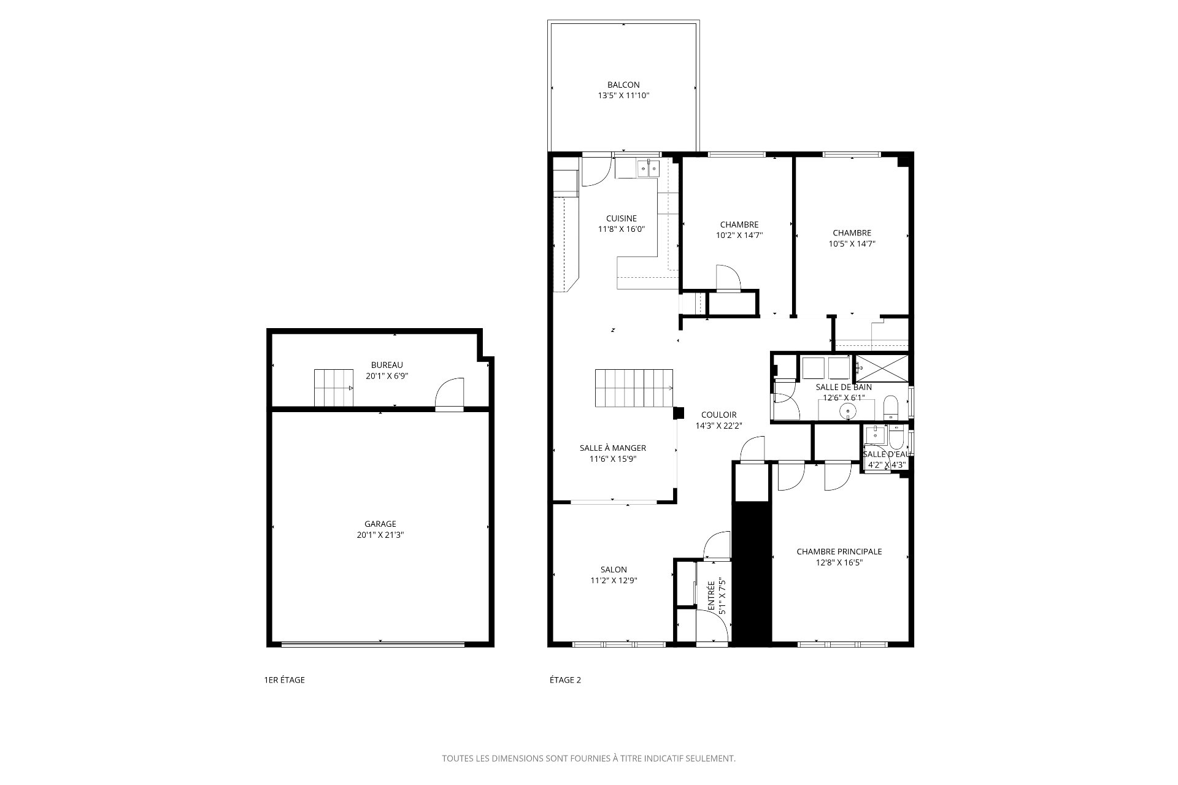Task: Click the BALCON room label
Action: coord(623,85)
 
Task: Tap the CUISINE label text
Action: coord(622,218)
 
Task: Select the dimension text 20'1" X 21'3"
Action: coord(380,535)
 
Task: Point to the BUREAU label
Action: coord(387,365)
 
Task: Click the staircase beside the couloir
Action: coord(634,388)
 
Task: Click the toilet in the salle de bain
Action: coord(890,408)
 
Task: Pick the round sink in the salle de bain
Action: coord(850,411)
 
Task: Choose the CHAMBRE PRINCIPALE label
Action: coord(839,551)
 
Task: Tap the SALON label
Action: coord(614,570)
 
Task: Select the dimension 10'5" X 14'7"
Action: coord(852,243)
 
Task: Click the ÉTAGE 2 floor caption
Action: coord(565,680)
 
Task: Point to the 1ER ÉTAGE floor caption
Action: coord(284,680)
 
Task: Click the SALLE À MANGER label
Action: coord(613,448)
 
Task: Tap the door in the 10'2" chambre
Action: coord(728,277)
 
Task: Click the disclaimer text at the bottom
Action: coord(589,759)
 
